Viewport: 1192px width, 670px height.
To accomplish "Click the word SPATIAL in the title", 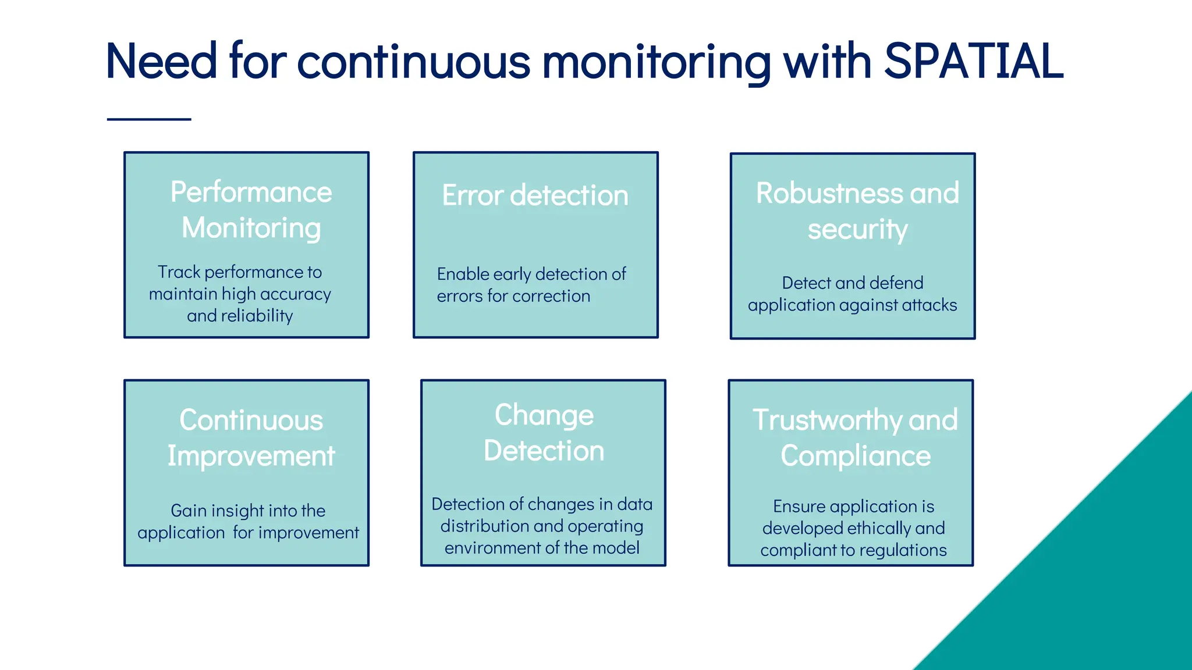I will [x=973, y=61].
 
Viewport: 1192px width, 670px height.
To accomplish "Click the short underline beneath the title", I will [x=149, y=119].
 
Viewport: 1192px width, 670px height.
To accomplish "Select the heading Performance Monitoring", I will [x=251, y=209].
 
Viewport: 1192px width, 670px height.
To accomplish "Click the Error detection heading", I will [x=535, y=195].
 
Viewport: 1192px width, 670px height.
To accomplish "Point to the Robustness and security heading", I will [x=857, y=211].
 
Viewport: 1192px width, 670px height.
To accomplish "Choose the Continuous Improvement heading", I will [x=251, y=437].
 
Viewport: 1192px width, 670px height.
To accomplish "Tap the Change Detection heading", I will [x=544, y=433].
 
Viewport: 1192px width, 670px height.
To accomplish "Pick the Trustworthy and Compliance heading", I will [x=855, y=437].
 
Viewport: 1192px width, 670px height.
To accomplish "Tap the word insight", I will [x=237, y=511].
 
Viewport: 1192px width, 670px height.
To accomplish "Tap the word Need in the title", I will [x=161, y=61].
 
